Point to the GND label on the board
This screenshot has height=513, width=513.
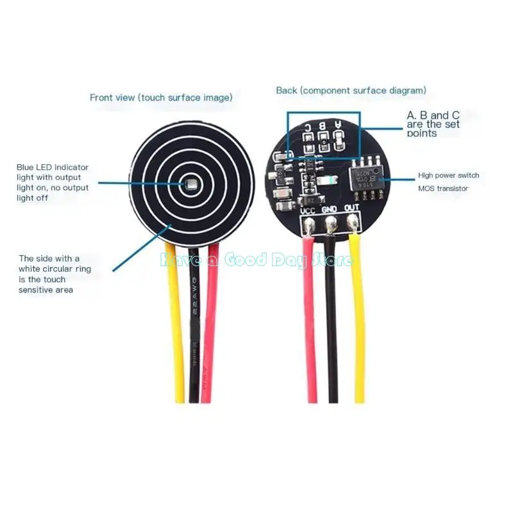[x=330, y=209]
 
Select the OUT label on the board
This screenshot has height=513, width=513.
[x=351, y=209]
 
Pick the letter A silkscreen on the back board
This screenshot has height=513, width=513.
[x=338, y=126]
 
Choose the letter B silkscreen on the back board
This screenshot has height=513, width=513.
[x=323, y=126]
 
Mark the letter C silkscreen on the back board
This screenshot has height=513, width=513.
[x=308, y=127]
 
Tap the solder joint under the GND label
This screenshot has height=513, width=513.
[x=331, y=224]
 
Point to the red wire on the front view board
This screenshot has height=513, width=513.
[x=210, y=321]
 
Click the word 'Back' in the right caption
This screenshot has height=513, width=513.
[x=286, y=90]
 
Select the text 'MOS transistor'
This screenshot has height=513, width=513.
[x=443, y=189]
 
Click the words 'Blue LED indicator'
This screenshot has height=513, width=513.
[x=53, y=167]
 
